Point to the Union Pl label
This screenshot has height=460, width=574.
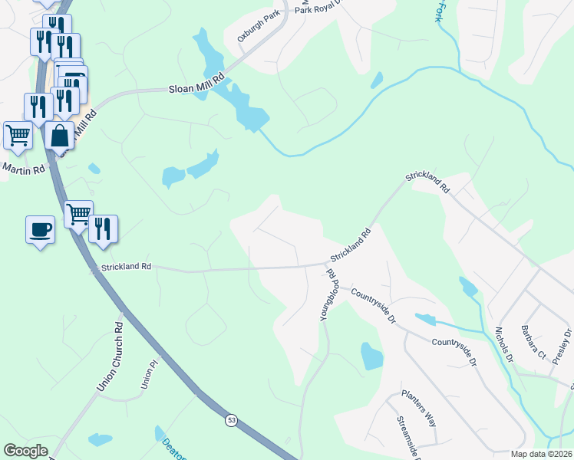(x=149, y=376)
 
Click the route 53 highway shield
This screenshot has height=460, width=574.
(x=231, y=420)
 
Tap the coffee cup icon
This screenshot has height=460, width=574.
(x=40, y=228)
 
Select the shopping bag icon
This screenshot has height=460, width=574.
(x=59, y=136)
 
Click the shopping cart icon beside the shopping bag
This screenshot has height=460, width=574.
(x=18, y=135)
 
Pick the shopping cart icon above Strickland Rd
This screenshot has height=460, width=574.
(x=78, y=214)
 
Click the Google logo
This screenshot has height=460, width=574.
(x=25, y=451)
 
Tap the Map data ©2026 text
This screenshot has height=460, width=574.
(x=541, y=454)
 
